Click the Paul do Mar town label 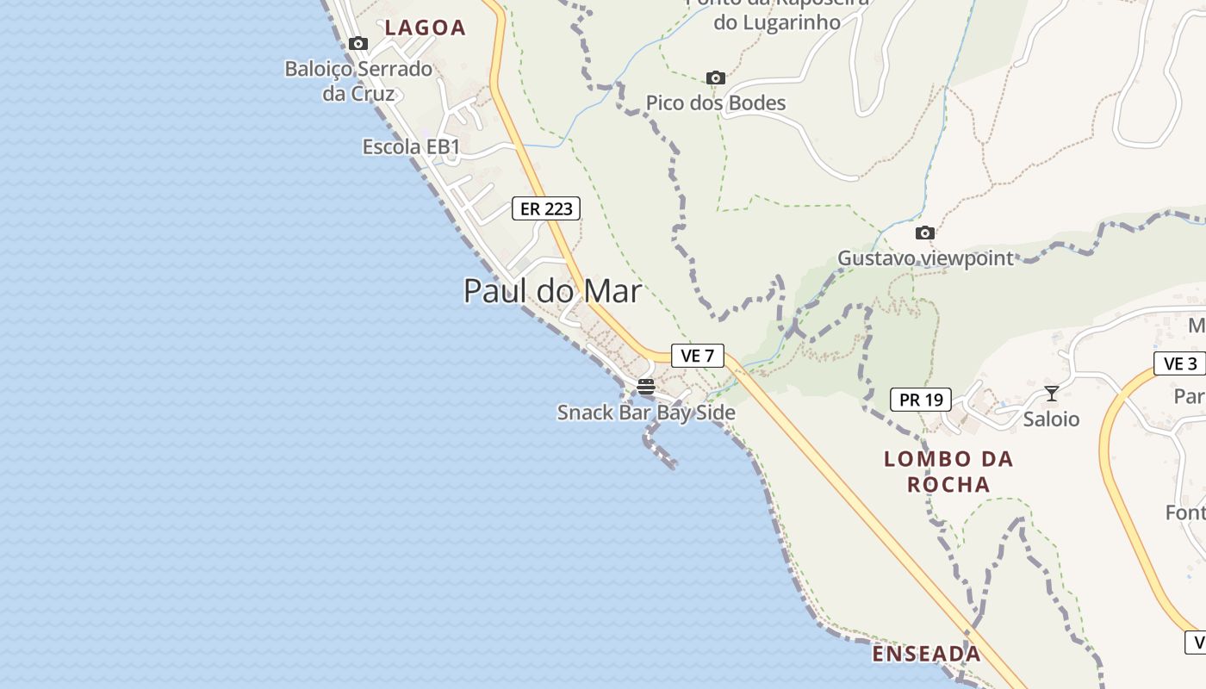coord(552,291)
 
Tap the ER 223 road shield coord(546,208)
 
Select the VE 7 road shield coord(697,356)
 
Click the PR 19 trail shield coord(920,400)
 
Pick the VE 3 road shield coord(1179,363)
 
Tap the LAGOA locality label coord(425,28)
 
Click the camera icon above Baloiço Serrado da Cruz coord(358,44)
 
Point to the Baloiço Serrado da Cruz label coord(358,81)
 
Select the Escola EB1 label coord(411,147)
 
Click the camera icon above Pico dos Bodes coord(715,78)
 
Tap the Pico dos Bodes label coord(716,103)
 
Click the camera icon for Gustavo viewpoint coord(924,233)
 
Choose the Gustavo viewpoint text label coord(925,258)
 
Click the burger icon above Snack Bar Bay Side coord(646,387)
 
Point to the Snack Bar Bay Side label coord(646,413)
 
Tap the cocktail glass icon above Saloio coord(1051,394)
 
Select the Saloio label coord(1051,419)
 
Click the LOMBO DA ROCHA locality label coord(948,471)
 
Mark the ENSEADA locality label coord(926,655)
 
